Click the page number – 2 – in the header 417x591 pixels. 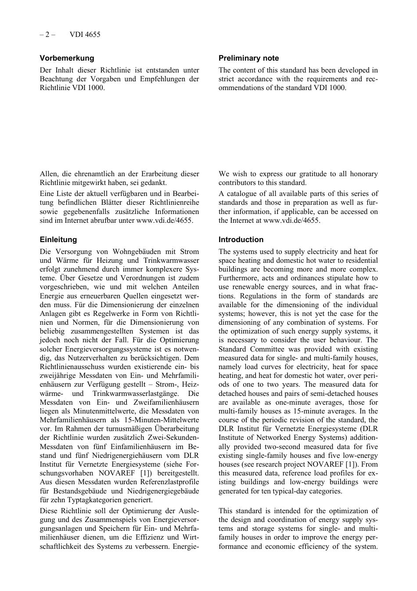coord(47,34)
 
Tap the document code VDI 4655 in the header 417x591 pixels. coord(85,34)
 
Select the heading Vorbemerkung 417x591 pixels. coord(67,58)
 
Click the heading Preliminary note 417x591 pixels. coord(248,58)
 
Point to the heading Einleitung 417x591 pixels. coord(58,239)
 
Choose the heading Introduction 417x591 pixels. coord(241,239)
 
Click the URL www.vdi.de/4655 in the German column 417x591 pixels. coord(164,221)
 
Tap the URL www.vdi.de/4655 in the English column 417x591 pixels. coord(291,221)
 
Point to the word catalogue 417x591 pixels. coord(243,194)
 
